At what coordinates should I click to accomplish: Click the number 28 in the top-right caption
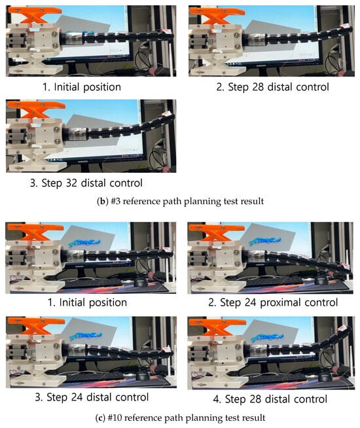[x=258, y=87]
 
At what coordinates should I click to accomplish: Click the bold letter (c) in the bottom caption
[x=100, y=418]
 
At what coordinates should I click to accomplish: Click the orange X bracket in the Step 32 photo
[x=35, y=109]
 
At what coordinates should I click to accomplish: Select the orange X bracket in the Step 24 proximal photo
[x=217, y=232]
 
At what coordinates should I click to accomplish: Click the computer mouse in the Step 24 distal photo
[x=142, y=376]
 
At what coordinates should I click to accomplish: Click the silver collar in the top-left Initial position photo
[x=74, y=38]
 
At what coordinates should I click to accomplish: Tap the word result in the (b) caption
[x=254, y=202]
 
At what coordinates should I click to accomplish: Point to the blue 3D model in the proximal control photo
[x=264, y=241]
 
